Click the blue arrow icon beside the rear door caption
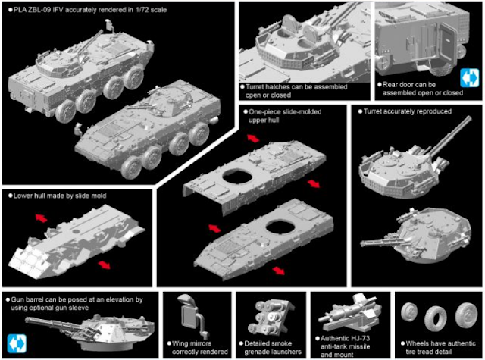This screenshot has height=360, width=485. click(469, 77)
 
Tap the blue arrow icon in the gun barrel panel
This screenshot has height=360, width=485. click(17, 343)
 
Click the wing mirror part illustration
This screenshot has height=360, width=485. click(192, 315)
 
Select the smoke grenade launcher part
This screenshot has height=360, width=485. click(271, 317)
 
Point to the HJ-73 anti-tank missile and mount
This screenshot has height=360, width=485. click(349, 314)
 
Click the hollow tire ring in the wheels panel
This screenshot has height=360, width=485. click(436, 318)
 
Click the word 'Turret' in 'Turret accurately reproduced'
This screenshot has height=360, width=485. click(373, 111)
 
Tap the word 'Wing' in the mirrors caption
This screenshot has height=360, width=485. click(180, 343)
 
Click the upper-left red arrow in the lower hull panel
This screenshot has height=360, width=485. click(41, 218)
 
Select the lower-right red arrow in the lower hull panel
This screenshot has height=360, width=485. click(105, 265)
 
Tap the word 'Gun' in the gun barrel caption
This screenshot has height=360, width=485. click(17, 299)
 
